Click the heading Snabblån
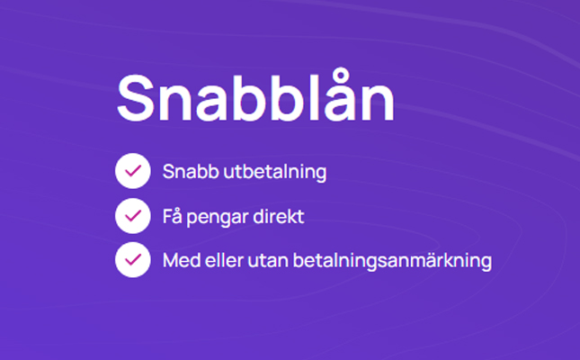255,97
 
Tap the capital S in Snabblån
136,98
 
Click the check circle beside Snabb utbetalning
133,171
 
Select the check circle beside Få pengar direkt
133,216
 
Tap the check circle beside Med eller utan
133,260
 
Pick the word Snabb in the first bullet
191,172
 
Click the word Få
173,216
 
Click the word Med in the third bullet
182,260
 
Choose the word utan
268,261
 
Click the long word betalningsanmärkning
392,261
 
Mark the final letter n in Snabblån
379,103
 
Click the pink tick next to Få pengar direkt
133,216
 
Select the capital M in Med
171,260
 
